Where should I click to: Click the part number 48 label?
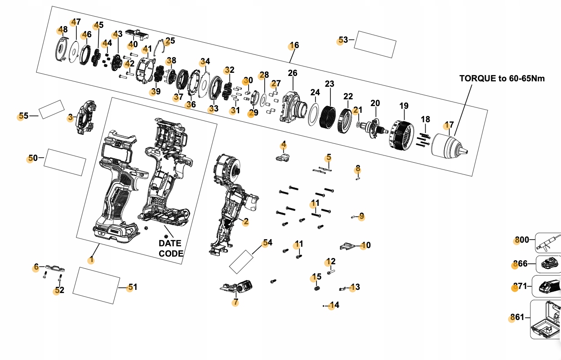coord(63,30)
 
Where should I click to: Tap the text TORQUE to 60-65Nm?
coord(502,78)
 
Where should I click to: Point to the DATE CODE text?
coord(171,249)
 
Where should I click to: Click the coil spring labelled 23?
coord(328,117)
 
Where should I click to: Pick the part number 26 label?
coord(293,73)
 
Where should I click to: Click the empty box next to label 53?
coord(375,44)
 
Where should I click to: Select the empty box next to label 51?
coord(96,286)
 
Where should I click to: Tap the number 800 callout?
coord(522,240)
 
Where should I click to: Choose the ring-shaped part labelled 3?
coord(86,117)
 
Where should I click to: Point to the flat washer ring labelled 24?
coord(314,115)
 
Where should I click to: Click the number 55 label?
coord(23,116)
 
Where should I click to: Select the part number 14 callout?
coord(334,305)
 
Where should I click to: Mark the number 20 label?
coord(375,103)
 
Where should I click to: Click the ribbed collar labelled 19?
coord(401,135)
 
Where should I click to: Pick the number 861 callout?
coord(517,317)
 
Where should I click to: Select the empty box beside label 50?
coord(65,163)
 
